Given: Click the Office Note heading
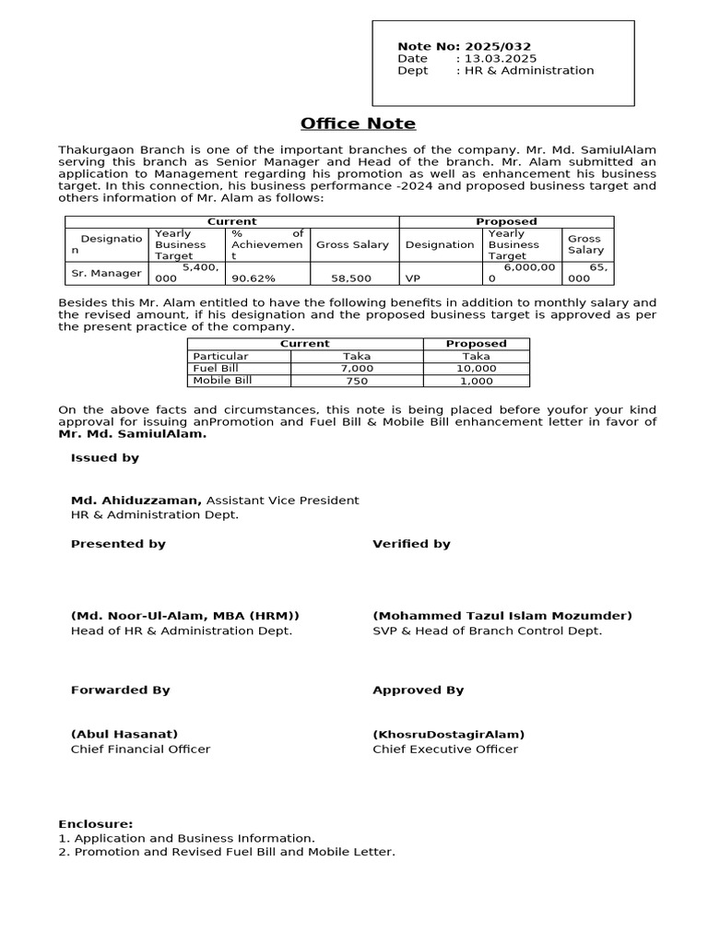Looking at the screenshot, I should coord(358,124).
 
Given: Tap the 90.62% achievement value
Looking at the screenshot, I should coord(254,277).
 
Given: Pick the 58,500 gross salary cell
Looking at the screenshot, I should coord(351,277).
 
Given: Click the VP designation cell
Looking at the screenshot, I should coord(414,277).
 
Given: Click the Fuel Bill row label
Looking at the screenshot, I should coord(211,368).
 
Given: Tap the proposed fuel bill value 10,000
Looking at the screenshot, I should coord(476,368).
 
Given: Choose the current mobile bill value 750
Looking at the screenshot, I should coord(356,381).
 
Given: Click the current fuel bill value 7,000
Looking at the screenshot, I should coord(356,368).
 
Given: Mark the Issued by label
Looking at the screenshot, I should coord(105,457).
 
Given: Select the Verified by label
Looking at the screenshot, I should coord(411,544).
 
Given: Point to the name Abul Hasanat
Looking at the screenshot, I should coord(124,734).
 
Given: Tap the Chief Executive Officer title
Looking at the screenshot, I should coord(445,749).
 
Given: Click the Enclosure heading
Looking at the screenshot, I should coord(96,823).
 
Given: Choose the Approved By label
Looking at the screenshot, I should coord(418,690).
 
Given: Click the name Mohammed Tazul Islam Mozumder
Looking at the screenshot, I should coord(502,616).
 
